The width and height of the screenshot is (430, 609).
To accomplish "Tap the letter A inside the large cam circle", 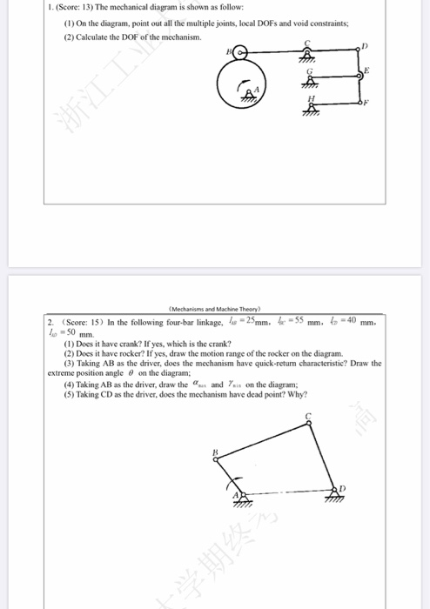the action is (256, 90).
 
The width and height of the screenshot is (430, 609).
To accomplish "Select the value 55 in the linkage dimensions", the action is (297, 323).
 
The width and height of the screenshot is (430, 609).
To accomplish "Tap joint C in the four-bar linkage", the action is (308, 424).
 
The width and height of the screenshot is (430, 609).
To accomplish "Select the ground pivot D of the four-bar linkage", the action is (333, 490).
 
